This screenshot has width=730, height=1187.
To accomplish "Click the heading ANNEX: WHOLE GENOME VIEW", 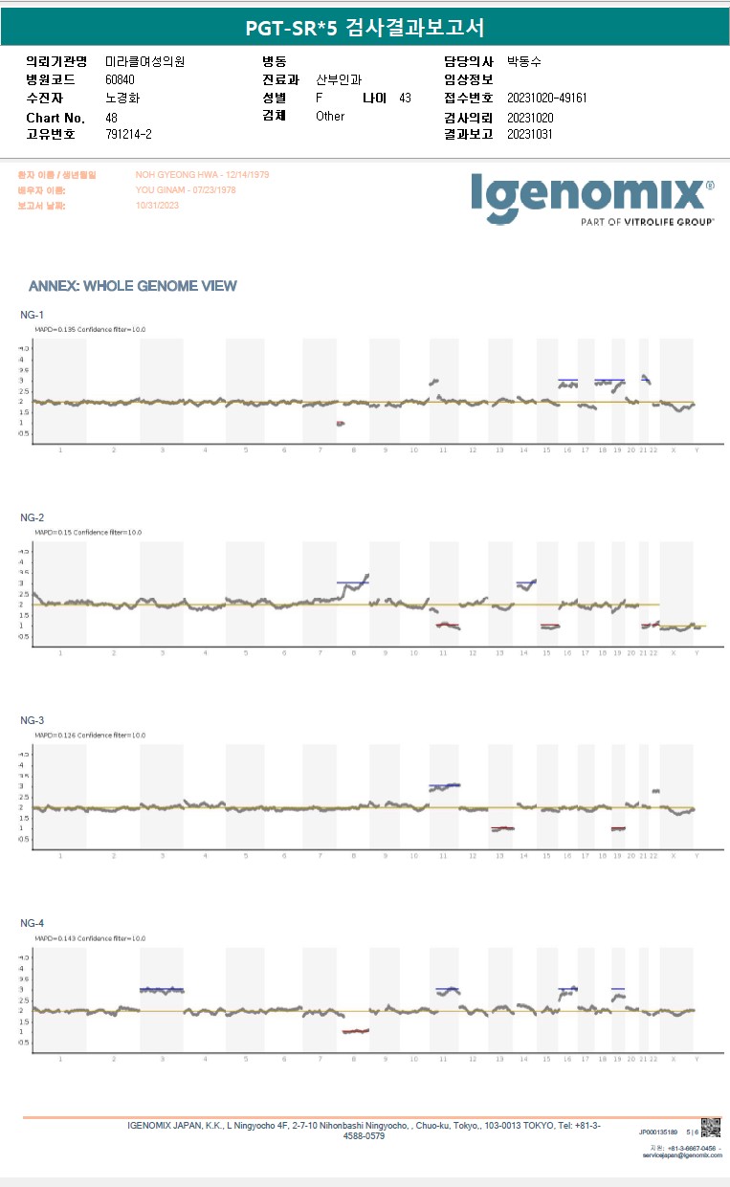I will [133, 286].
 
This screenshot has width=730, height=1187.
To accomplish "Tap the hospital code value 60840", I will [121, 79].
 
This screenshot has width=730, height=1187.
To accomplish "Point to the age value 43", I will [405, 99].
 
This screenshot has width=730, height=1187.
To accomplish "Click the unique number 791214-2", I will [128, 135].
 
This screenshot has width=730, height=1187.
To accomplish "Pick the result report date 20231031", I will [530, 135].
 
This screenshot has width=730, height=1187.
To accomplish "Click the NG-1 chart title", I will [32, 315].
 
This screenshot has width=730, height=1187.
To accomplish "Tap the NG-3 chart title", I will [32, 720].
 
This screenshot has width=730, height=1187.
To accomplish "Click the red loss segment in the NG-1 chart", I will [340, 423].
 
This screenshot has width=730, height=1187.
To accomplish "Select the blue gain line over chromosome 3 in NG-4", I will [162, 989].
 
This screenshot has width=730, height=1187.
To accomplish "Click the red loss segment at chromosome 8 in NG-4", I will [355, 1031].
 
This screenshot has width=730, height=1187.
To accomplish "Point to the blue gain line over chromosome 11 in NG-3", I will [445, 785].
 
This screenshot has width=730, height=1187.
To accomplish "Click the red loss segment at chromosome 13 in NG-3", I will [502, 828].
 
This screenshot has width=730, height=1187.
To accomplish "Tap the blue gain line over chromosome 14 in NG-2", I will [526, 582].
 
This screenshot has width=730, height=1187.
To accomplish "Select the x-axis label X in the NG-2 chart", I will [674, 652].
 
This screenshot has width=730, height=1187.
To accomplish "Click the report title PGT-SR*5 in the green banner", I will [285, 27].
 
